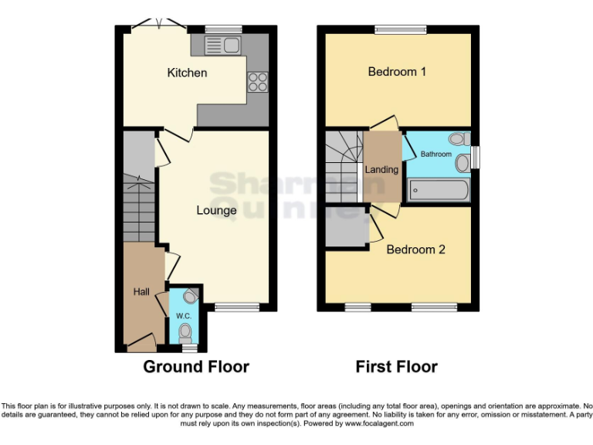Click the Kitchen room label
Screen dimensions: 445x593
pos(187,73)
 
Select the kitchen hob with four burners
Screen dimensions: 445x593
pos(257,81)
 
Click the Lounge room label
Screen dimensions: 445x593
pos(216,210)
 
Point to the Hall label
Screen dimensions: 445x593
pos(141,291)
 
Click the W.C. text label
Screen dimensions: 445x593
pos(183,315)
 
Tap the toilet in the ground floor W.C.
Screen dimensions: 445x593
pos(185,332)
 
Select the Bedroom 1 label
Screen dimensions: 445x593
pos(397,72)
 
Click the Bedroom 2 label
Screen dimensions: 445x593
pos(415,250)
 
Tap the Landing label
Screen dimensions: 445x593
pos(381,169)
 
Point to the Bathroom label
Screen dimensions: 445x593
pos(435,154)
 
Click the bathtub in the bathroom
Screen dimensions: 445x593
pos(437,189)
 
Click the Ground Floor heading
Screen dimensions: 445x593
pos(196,366)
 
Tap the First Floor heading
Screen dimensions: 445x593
pos(396,366)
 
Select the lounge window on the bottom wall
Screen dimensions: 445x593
pos(237,307)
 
